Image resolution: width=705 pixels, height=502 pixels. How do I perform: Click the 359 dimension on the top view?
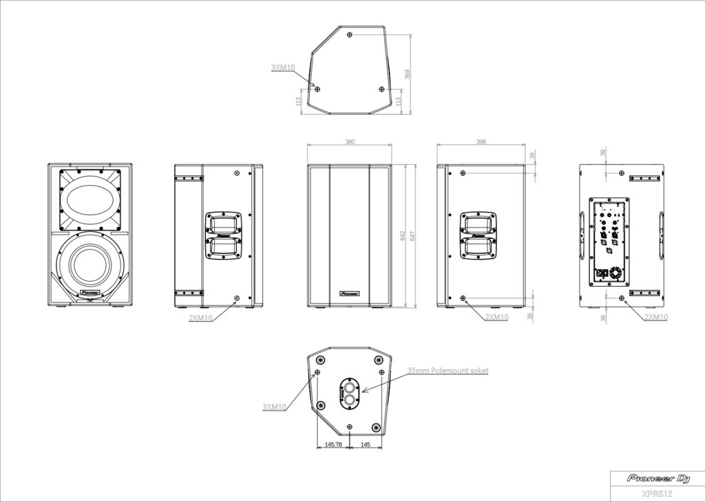point(407,74)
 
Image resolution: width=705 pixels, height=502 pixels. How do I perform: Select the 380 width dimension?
point(350,142)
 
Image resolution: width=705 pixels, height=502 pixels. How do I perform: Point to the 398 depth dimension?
point(481,142)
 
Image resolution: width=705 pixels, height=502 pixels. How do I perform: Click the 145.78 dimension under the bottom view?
point(333,445)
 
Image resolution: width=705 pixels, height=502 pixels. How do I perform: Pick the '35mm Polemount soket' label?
point(448,371)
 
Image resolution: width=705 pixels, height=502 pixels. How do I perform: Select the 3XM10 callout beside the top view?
point(283,67)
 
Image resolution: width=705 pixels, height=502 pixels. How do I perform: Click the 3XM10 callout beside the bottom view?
point(275,407)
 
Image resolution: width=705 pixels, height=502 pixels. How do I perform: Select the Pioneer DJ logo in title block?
point(657,478)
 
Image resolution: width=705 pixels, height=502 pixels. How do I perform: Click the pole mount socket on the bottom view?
point(350,391)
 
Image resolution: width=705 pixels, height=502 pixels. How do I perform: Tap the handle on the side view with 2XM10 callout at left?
point(223,235)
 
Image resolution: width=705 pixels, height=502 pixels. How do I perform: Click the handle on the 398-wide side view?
point(478,235)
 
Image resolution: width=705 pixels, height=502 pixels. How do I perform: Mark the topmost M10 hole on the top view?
point(350,34)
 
